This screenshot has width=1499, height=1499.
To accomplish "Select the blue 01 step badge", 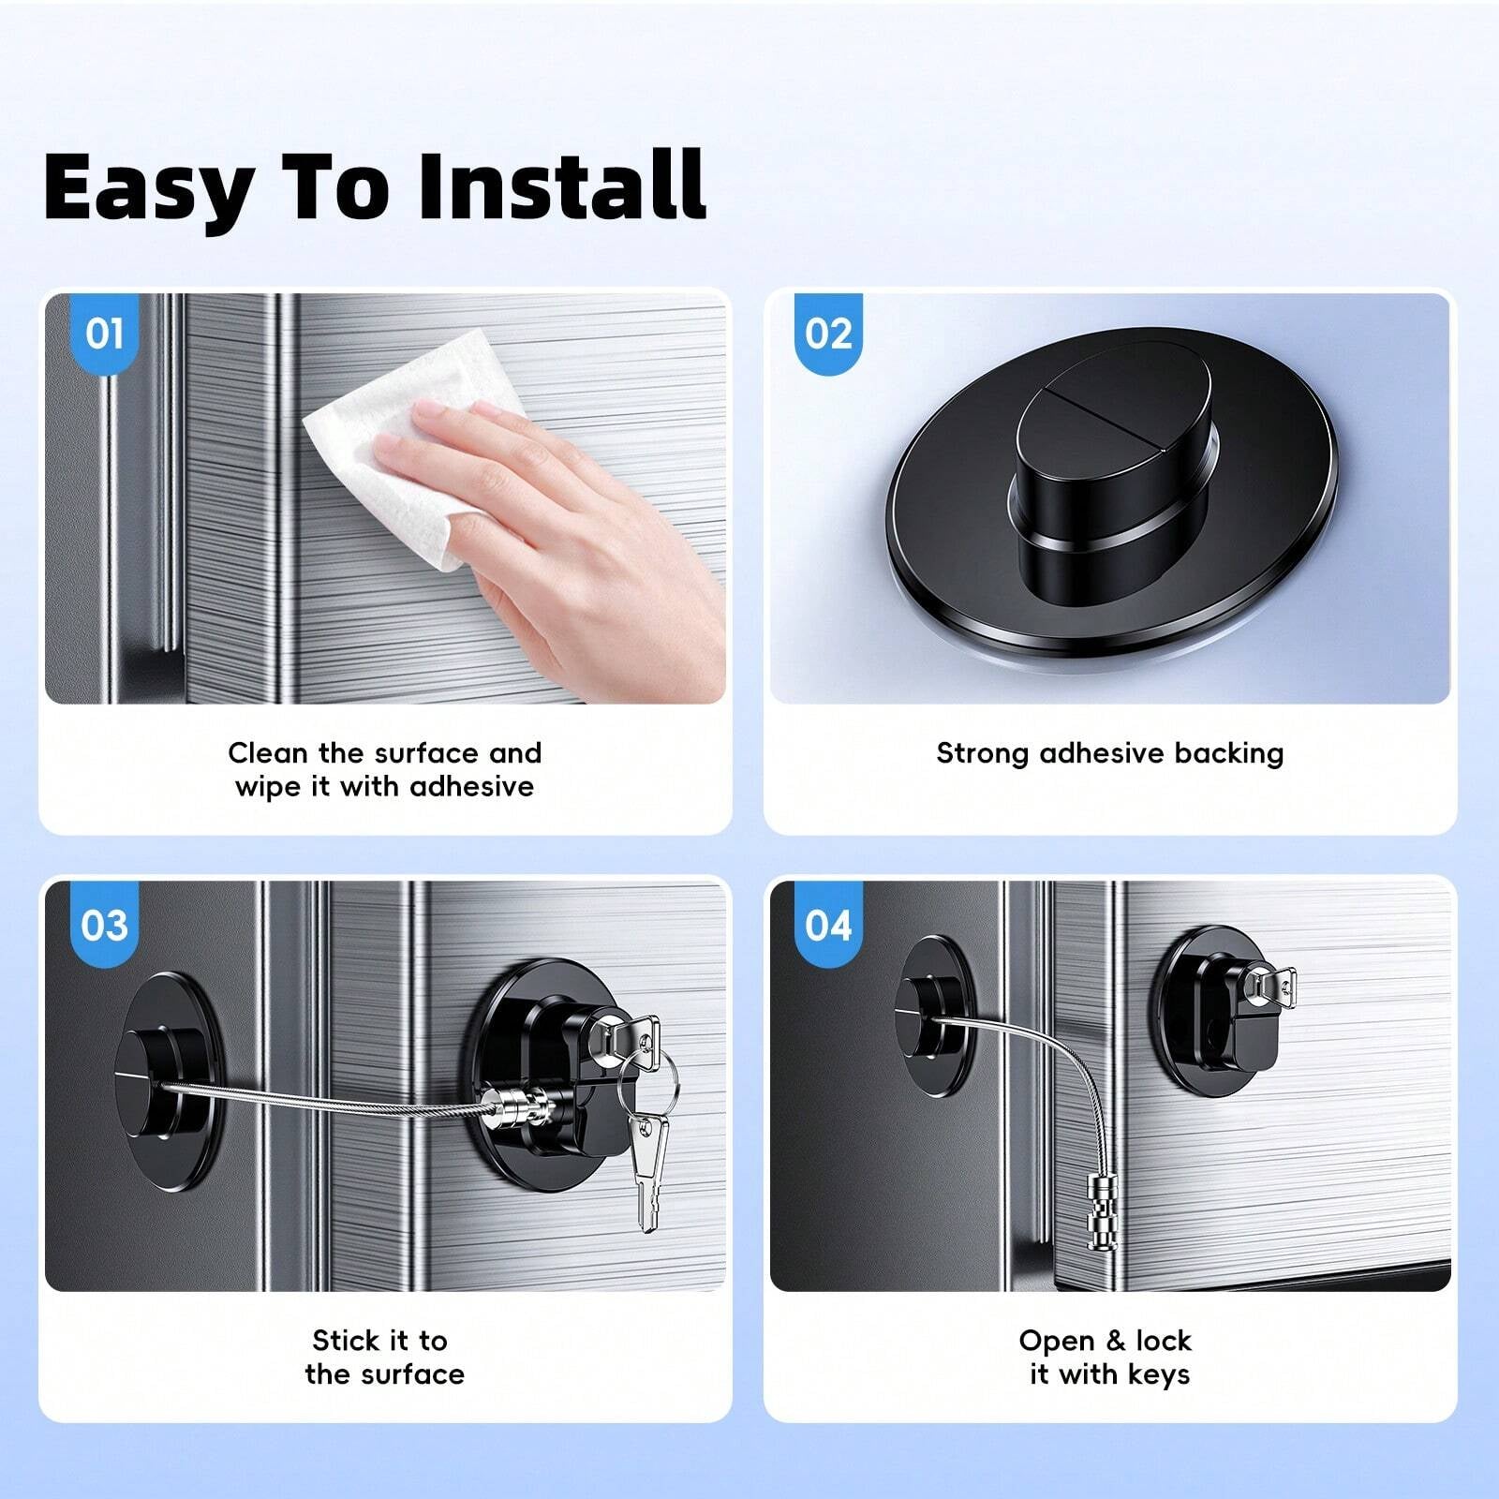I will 104,334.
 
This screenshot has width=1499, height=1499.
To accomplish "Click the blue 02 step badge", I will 828,334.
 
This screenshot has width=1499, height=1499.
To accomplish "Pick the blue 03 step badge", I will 104,926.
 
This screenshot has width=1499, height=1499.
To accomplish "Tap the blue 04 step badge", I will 828,926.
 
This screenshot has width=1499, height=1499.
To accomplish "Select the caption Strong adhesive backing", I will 1109,753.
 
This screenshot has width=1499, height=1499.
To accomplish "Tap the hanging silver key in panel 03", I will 645,1171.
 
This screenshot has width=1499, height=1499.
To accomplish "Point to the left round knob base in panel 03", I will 169,1082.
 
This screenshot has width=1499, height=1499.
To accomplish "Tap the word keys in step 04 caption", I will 1158,1374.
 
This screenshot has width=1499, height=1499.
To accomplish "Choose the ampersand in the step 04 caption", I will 1115,1341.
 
